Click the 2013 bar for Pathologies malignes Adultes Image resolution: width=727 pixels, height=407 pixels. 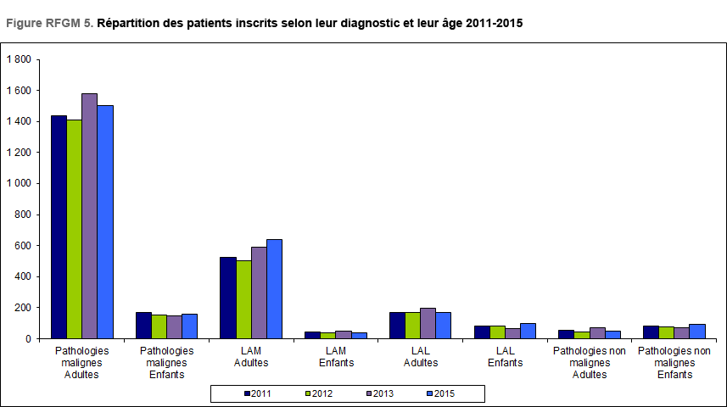[x=89, y=216]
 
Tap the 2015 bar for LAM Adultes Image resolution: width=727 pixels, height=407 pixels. [x=274, y=289]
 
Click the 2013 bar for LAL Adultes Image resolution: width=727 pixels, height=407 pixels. [x=428, y=323]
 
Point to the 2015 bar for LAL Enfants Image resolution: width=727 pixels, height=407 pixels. [x=528, y=331]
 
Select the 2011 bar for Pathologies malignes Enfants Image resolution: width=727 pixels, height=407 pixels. [x=143, y=326]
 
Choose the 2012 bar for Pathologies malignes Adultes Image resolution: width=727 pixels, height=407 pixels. [x=74, y=229]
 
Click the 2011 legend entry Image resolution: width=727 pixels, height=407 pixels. [x=259, y=393]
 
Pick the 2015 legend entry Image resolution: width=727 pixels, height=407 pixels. [x=442, y=393]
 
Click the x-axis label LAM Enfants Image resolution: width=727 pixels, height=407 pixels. [x=336, y=356]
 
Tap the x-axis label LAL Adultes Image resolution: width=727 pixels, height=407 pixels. [x=421, y=356]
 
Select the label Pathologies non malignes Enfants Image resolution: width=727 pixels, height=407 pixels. [x=674, y=362]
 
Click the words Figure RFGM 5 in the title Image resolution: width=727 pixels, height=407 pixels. [x=49, y=23]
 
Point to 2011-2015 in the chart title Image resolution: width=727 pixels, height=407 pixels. [x=495, y=23]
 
